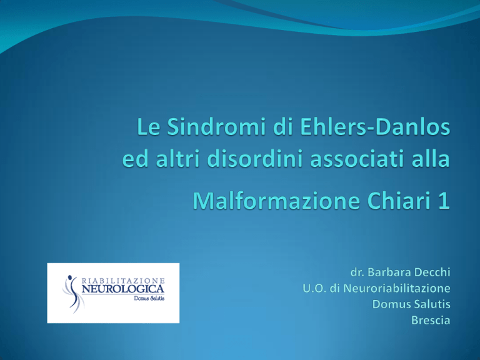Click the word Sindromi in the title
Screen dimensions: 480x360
pos(216,127)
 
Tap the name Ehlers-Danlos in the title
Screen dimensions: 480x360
pos(375,127)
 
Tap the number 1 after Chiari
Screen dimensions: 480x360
pos(444,201)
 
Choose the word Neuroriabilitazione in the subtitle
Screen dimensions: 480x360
pos(397,288)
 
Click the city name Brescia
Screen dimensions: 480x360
pos(431,320)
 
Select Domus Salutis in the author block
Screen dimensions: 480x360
pos(411,304)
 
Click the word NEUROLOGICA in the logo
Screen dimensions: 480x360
pos(123,289)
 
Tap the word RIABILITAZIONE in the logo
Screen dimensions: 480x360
pos(123,281)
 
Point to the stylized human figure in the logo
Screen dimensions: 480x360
pos(72,294)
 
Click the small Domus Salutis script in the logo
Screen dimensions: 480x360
pos(149,298)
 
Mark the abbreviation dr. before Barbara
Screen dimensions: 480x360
pos(357,272)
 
